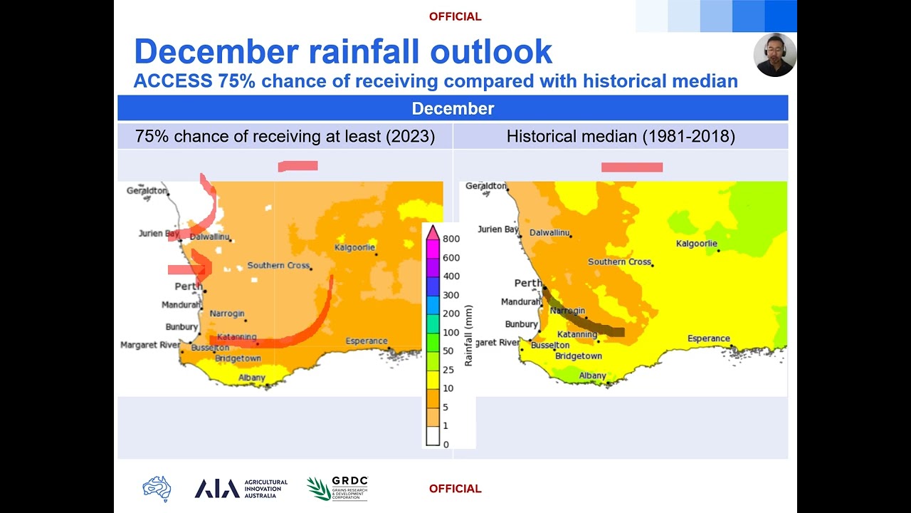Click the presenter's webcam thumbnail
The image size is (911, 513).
coord(774,55)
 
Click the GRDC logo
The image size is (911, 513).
coord(338,488)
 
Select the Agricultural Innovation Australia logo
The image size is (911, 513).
coord(241,488)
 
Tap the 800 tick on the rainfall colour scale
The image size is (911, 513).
coord(451,239)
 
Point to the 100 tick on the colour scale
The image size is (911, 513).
coord(451,333)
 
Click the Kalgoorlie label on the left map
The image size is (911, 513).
coord(354,248)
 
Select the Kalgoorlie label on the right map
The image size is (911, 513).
coord(696,244)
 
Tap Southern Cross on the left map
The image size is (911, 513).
coord(278,266)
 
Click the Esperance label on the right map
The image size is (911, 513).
coord(708,338)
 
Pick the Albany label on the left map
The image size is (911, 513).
coord(252,378)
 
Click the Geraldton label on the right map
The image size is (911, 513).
coord(485,186)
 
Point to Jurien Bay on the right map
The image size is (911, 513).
coord(497,229)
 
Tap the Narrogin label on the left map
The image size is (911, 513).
coord(227,313)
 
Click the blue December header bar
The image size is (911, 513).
coord(453,108)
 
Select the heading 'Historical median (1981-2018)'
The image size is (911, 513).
coord(621,136)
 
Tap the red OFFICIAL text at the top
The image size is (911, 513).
coord(455,16)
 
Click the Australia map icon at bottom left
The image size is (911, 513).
coord(157,488)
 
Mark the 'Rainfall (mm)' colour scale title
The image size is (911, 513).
coord(468,335)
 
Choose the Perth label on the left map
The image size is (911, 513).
coord(189,286)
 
